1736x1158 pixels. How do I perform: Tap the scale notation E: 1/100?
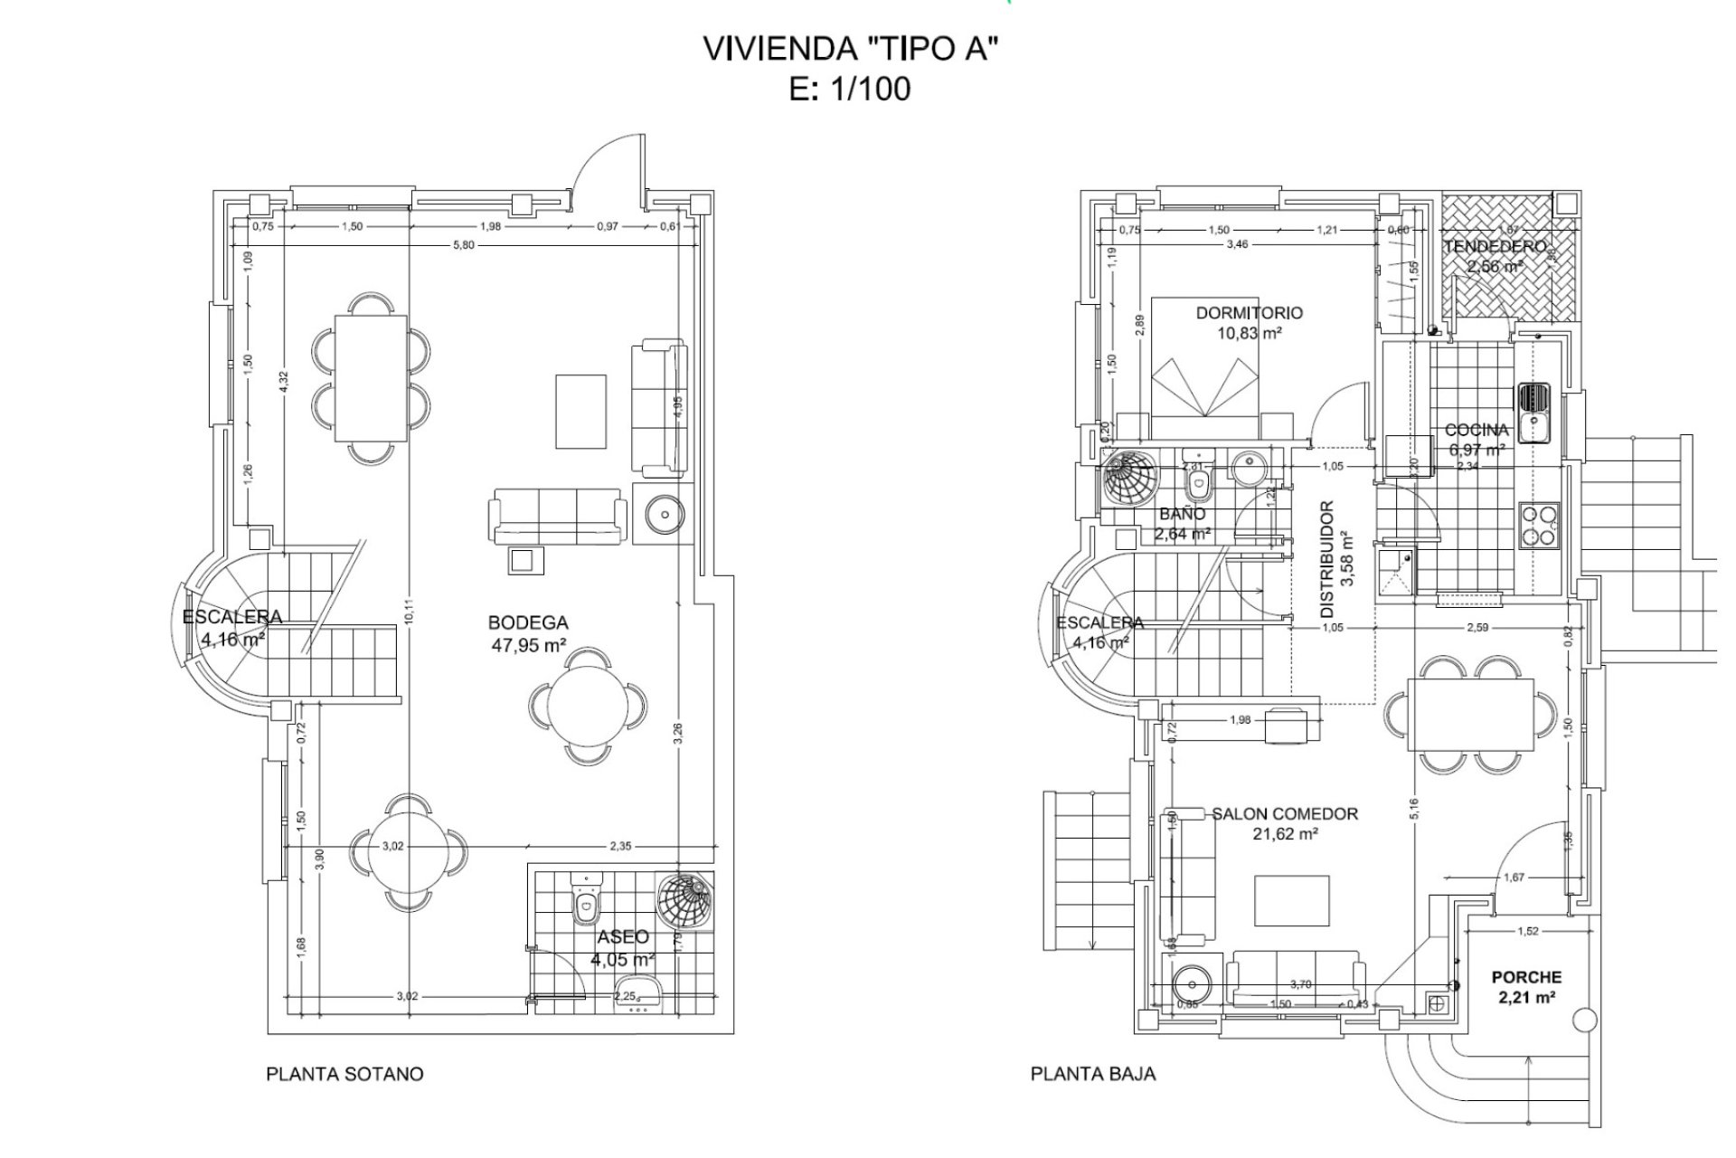click(849, 90)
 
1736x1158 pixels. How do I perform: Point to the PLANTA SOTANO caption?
click(344, 1074)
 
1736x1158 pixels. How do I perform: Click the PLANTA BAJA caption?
click(1092, 1074)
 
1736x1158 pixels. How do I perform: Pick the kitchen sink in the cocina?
click(1533, 412)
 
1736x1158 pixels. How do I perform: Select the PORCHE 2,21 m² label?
click(1526, 987)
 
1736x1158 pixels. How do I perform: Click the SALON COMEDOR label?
click(1285, 823)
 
